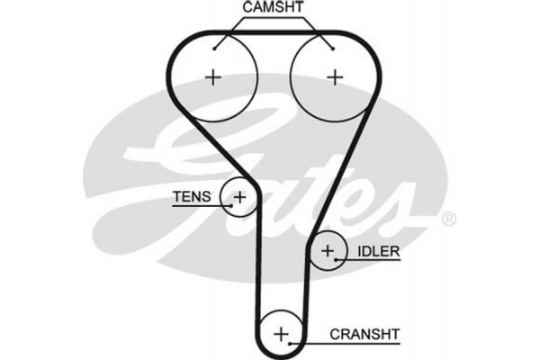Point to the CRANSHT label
pyautogui.click(x=365, y=334)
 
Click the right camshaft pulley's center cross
pyautogui.click(x=336, y=77)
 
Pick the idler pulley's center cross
pyautogui.click(x=328, y=249)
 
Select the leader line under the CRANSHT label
pyautogui.click(x=351, y=343)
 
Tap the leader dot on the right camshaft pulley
pyautogui.click(x=331, y=48)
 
